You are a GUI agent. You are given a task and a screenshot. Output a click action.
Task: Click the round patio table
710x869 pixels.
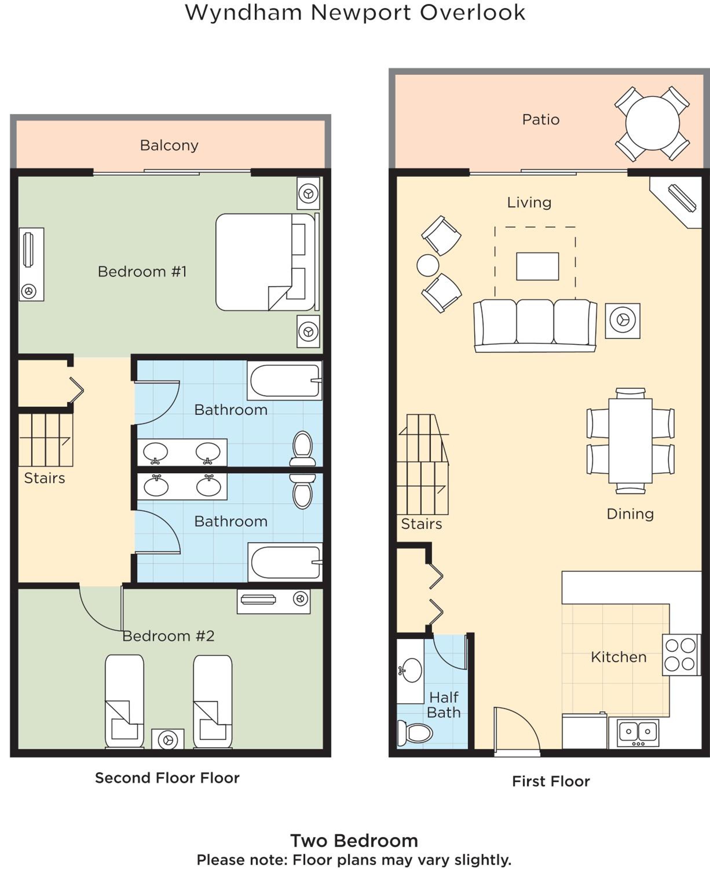(652, 123)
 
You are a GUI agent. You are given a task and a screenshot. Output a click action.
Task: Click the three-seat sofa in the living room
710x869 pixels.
(535, 326)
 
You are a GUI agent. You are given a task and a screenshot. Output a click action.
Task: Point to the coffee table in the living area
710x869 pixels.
(537, 266)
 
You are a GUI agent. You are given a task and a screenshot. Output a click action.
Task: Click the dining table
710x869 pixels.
(630, 441)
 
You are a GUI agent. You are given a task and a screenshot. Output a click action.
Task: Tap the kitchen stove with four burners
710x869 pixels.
(681, 655)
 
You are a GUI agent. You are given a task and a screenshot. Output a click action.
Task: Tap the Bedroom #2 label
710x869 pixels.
(168, 636)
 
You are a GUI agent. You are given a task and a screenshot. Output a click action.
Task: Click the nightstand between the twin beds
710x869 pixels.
(168, 739)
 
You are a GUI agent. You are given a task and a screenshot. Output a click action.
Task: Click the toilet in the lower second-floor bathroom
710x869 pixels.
(303, 491)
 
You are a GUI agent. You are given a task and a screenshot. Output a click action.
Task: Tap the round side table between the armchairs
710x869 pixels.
(428, 265)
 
